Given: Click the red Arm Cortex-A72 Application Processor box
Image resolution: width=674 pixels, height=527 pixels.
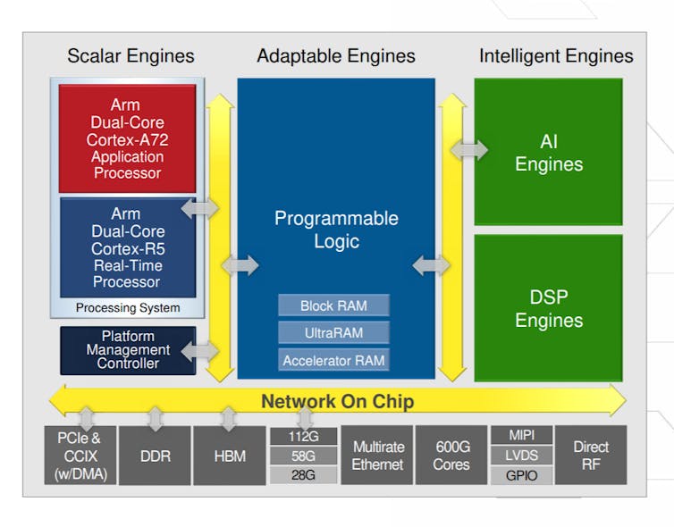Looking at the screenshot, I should pyautogui.click(x=127, y=138).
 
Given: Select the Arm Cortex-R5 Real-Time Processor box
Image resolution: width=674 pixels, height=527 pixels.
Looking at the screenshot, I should pyautogui.click(x=127, y=247).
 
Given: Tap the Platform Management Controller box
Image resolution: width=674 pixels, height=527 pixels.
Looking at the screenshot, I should pyautogui.click(x=127, y=350).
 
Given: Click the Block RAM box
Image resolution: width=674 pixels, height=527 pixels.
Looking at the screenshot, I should pyautogui.click(x=333, y=305).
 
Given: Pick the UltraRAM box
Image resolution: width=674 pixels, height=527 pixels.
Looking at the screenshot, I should pyautogui.click(x=333, y=333).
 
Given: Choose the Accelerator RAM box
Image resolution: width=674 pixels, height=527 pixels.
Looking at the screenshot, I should pyautogui.click(x=333, y=361).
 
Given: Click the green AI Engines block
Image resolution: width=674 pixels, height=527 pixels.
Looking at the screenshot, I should pyautogui.click(x=548, y=152).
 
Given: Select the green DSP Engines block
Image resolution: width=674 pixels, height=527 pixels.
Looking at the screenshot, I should pyautogui.click(x=548, y=308).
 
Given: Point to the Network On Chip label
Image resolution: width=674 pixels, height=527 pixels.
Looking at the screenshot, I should pyautogui.click(x=337, y=401).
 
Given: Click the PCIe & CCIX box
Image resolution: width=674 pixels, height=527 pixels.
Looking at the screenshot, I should pyautogui.click(x=79, y=456).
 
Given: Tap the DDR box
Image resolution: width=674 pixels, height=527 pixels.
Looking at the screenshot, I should pyautogui.click(x=155, y=456).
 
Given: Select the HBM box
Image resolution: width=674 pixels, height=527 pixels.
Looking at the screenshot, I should pyautogui.click(x=229, y=456).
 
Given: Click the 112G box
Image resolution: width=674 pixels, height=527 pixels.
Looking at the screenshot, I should pyautogui.click(x=303, y=436).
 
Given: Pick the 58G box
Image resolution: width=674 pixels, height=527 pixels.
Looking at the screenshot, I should pyautogui.click(x=303, y=456).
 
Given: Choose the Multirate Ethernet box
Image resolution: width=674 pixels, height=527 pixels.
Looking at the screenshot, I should pyautogui.click(x=378, y=456).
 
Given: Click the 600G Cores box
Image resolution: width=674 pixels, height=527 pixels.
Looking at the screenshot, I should pyautogui.click(x=451, y=456).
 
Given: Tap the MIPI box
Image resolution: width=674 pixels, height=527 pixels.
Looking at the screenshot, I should pyautogui.click(x=521, y=435).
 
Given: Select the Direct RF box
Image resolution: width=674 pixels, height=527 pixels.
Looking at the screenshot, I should pyautogui.click(x=591, y=456).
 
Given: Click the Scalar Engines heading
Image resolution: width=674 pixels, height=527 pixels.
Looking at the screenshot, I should pyautogui.click(x=131, y=55).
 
